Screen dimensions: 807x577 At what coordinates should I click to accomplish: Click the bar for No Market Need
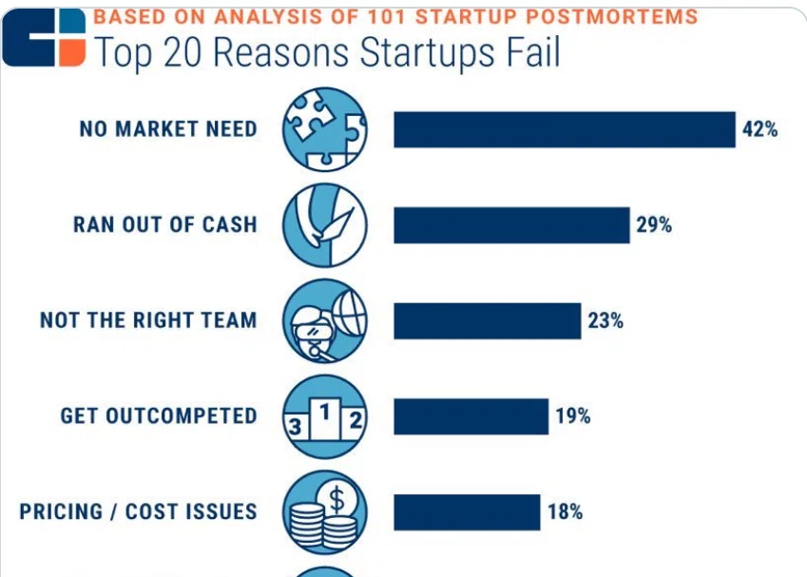(x=565, y=129)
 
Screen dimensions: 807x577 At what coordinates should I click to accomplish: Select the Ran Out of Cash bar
(x=511, y=225)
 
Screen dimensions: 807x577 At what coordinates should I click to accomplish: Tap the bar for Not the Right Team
(x=488, y=321)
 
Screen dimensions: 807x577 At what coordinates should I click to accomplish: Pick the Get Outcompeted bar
(x=471, y=416)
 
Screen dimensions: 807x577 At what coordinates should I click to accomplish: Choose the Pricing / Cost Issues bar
(x=467, y=512)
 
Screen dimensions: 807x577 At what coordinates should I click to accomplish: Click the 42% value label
(x=759, y=129)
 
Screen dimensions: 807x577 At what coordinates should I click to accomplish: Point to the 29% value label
(x=654, y=225)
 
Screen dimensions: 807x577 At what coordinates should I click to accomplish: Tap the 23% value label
(x=605, y=320)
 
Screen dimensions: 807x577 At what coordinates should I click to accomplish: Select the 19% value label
(x=573, y=416)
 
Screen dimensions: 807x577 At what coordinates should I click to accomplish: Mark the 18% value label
(x=565, y=511)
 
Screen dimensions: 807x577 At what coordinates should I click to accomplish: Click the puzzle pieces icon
(x=325, y=129)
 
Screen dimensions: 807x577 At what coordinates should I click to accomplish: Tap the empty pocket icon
(x=325, y=225)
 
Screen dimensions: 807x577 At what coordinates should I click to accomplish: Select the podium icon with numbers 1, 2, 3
(x=325, y=416)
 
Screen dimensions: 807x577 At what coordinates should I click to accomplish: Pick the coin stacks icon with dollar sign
(x=325, y=512)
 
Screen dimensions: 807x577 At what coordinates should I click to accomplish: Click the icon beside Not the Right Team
(x=325, y=320)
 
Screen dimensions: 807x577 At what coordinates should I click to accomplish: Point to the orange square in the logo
(x=72, y=54)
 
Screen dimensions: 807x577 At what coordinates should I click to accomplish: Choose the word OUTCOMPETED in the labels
(x=182, y=416)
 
